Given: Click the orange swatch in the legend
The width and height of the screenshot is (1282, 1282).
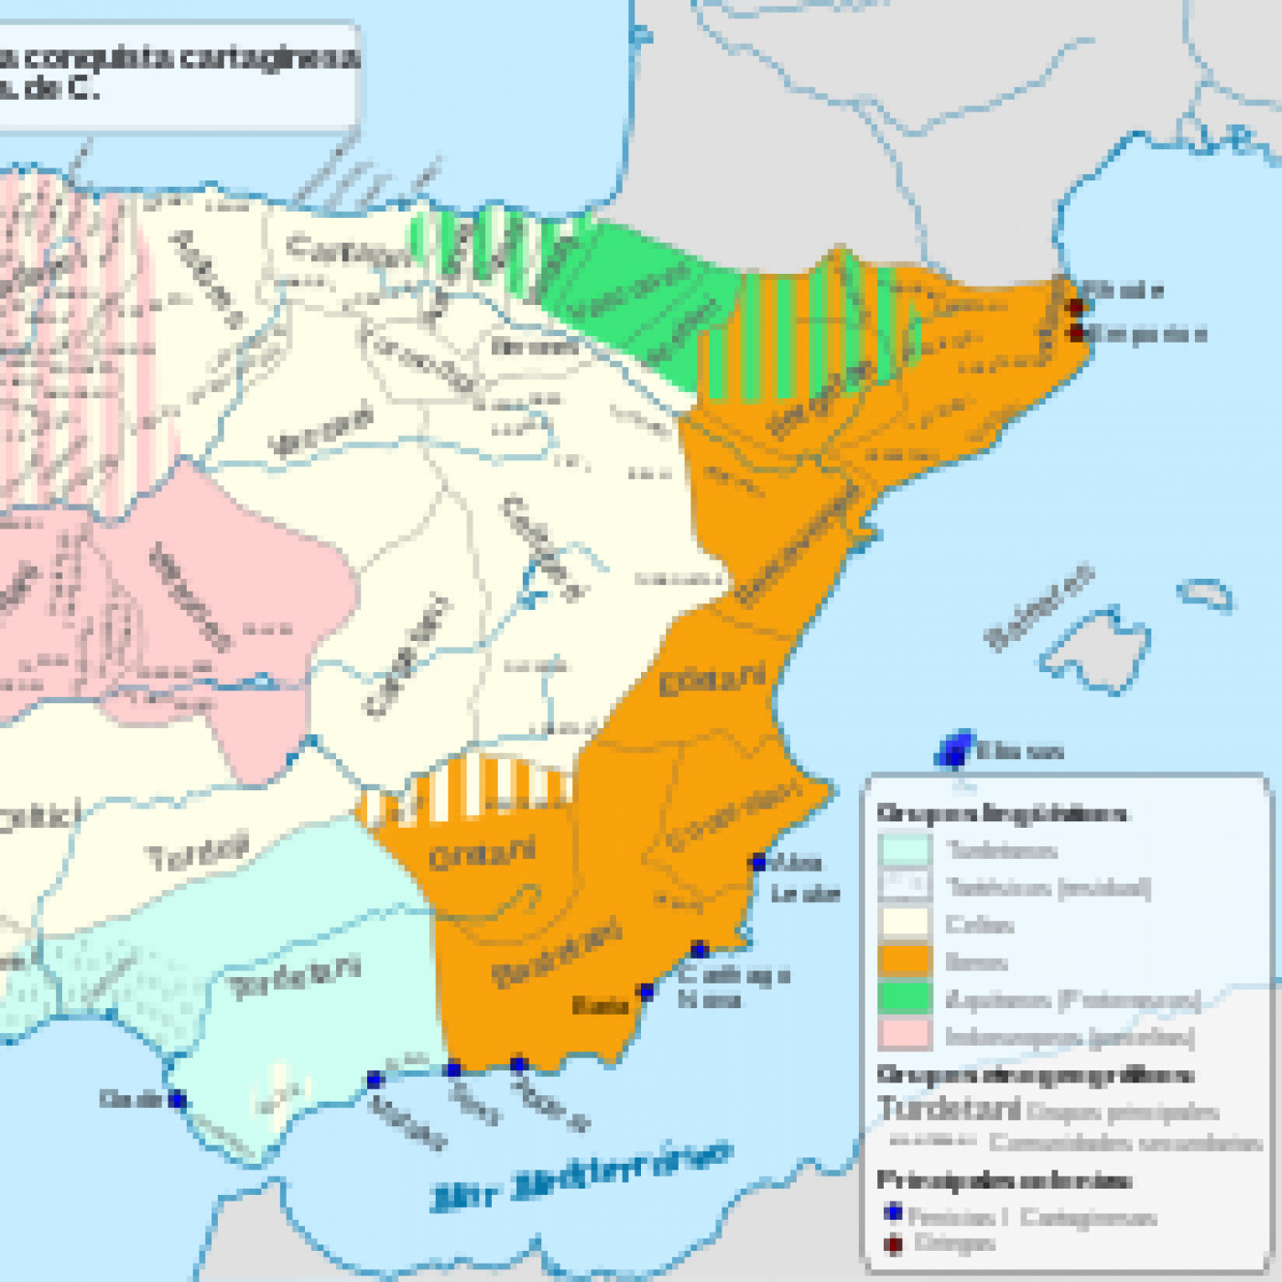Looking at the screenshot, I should [x=905, y=961].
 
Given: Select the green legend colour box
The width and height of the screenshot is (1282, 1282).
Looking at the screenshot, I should [x=905, y=997].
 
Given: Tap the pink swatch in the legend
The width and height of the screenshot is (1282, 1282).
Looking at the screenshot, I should [x=905, y=1035].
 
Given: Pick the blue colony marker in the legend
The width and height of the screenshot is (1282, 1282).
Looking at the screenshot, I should [x=894, y=1213].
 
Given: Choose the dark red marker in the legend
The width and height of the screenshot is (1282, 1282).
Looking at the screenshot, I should [x=894, y=1244].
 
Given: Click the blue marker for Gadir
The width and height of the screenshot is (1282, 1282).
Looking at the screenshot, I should [x=178, y=1100].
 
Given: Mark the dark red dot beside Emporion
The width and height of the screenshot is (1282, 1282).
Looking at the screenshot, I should [x=1077, y=332].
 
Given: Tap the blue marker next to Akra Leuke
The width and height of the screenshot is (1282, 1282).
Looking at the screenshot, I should [x=758, y=862].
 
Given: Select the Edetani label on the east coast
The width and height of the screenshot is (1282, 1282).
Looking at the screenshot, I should [x=712, y=680].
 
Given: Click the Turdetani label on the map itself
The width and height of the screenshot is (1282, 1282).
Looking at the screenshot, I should [x=295, y=978].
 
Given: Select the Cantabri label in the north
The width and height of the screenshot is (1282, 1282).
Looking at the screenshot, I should [x=348, y=250].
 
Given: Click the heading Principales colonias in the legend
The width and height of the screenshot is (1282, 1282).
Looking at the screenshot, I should [x=1004, y=1179].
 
